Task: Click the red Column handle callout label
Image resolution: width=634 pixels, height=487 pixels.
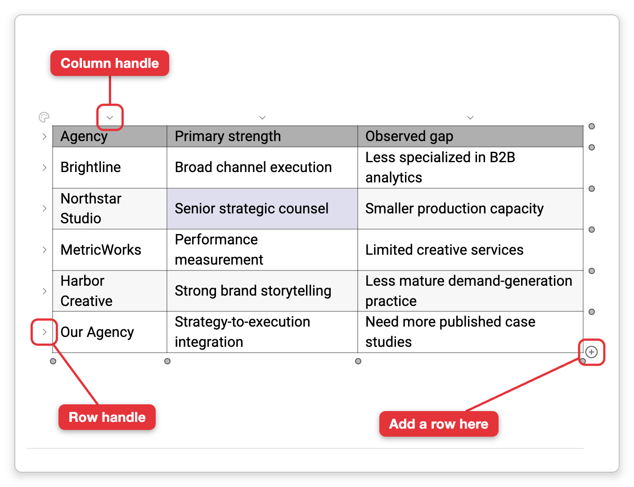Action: pos(110,63)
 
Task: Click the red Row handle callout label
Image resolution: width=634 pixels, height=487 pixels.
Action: pos(107,417)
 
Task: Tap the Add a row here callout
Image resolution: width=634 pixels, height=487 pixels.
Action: pos(439,424)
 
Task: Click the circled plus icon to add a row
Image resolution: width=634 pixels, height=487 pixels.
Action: pos(591,352)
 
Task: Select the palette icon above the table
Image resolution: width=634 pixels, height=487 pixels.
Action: pos(44,117)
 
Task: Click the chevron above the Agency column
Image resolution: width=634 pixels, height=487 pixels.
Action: pos(110,118)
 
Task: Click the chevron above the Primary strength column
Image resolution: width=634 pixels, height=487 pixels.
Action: pos(262,118)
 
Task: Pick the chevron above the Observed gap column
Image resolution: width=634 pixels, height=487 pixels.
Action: pos(470,118)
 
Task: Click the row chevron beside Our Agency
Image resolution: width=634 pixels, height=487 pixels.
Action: pos(45,332)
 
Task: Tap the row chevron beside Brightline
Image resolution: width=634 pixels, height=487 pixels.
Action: pos(45,168)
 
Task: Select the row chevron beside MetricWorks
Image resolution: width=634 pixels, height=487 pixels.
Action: pos(45,250)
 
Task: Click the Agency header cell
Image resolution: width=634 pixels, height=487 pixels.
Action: pos(110,136)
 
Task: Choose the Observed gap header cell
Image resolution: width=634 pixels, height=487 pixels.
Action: pos(470,136)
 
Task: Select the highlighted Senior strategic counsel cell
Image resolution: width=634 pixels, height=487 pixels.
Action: pos(262,208)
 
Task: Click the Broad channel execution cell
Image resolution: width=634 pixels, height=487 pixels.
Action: pos(262,168)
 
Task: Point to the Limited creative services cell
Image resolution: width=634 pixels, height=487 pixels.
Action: pos(470,250)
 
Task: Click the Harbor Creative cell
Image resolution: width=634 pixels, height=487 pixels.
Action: pos(110,291)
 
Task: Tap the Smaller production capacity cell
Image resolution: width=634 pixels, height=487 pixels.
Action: pos(470,208)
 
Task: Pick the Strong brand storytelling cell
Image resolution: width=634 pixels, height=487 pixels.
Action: pos(262,291)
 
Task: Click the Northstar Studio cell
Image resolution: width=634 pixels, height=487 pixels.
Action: pos(110,208)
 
